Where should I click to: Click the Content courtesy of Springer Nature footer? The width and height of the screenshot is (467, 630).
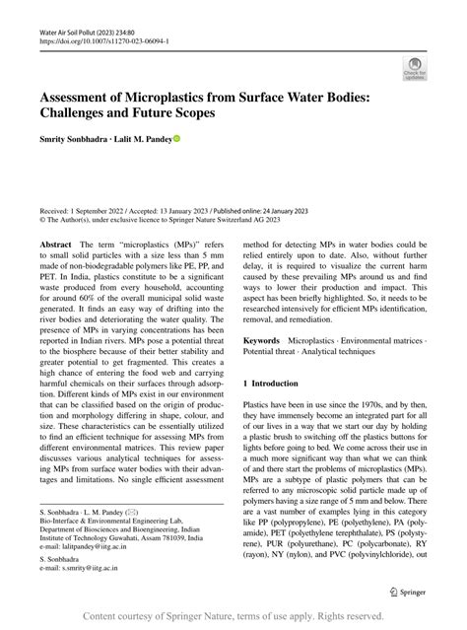point(233,616)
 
